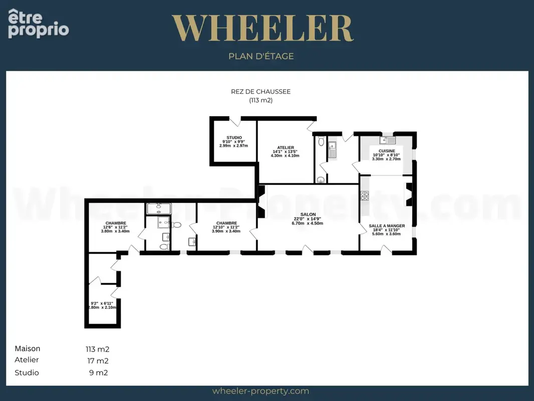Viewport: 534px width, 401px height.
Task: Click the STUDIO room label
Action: click(x=234, y=138)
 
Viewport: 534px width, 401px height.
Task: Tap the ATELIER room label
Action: click(x=286, y=147)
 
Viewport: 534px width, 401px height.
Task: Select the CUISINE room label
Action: click(x=387, y=151)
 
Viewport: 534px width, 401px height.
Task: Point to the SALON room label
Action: click(x=308, y=215)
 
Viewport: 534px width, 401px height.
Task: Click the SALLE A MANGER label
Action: click(x=387, y=226)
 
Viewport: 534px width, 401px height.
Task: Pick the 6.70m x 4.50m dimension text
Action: click(x=307, y=224)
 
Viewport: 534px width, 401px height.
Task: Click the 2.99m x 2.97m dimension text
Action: click(x=233, y=146)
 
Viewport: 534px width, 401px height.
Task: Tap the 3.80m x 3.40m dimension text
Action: click(x=115, y=232)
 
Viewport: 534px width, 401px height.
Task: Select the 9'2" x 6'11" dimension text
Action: click(x=102, y=303)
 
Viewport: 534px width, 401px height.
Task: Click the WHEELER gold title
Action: click(x=262, y=28)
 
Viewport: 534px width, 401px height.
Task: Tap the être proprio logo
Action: click(x=38, y=24)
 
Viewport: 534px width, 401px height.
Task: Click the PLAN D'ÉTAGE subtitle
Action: click(x=261, y=56)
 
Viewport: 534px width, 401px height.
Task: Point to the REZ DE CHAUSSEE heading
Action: click(x=261, y=92)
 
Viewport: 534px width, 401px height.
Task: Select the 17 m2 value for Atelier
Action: click(x=98, y=361)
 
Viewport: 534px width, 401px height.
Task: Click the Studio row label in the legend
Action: click(x=27, y=373)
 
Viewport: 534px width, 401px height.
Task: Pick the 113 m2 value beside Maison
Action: click(x=97, y=349)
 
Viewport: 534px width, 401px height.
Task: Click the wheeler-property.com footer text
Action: click(x=260, y=391)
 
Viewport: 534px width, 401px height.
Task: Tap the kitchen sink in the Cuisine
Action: click(x=388, y=140)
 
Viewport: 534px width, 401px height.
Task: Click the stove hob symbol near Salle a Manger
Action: click(x=365, y=195)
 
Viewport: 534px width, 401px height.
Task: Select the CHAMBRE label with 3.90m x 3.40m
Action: click(x=226, y=223)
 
